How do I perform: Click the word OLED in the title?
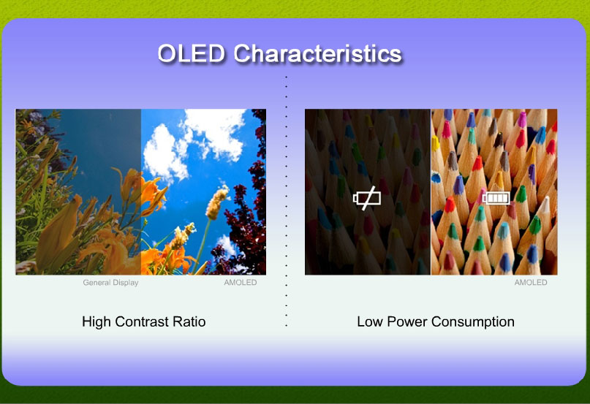point(192,53)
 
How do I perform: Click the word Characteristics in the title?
point(318,53)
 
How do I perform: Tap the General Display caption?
point(110,283)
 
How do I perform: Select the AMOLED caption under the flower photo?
point(241,282)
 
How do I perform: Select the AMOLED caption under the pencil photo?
point(531,282)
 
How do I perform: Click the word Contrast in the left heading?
point(142,321)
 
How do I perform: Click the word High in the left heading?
point(97,321)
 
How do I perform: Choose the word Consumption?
point(473,322)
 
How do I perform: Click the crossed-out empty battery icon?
point(367,198)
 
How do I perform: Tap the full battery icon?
point(496,197)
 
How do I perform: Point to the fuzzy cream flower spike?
point(216,203)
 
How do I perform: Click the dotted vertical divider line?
point(287,201)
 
